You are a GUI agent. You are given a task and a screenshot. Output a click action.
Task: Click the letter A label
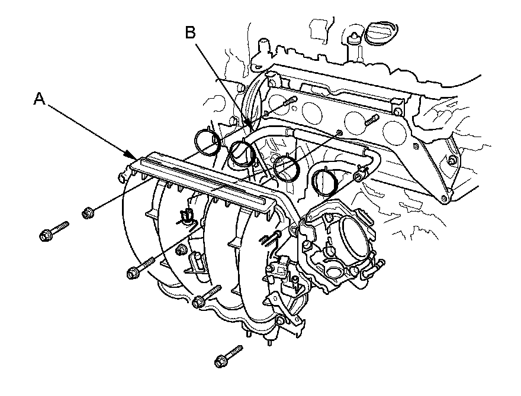40,99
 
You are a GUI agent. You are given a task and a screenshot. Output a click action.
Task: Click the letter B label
189,33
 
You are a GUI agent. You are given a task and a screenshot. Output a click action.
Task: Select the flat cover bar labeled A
201,180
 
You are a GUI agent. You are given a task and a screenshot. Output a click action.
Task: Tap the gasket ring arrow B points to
243,152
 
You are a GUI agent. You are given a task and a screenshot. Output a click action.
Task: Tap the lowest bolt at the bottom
228,354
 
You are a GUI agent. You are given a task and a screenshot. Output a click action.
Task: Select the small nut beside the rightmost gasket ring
358,177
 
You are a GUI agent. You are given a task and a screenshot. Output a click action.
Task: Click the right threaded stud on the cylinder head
371,121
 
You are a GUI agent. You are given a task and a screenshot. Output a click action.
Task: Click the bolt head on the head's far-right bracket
452,160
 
